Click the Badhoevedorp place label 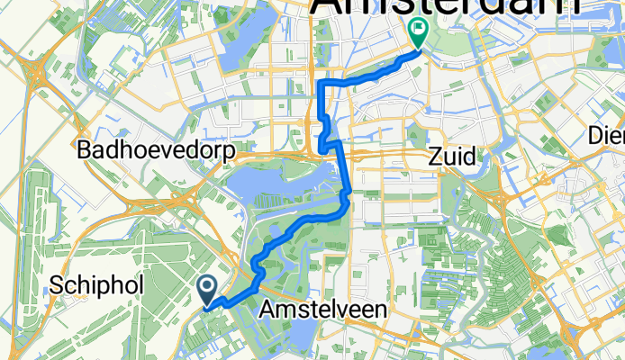coord(157,150)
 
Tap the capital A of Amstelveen coord(267,310)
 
